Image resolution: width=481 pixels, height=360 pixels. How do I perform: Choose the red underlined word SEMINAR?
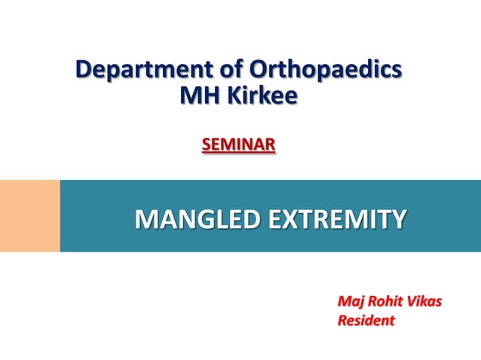238,143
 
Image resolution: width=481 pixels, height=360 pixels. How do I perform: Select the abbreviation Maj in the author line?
350,303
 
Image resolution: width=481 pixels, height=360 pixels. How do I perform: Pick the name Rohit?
385,303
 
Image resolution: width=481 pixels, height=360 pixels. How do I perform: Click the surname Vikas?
425,303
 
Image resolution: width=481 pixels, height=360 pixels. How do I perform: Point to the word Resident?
366,321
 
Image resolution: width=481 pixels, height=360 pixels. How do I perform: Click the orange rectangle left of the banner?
29,215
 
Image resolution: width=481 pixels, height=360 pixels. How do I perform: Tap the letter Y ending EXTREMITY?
397,220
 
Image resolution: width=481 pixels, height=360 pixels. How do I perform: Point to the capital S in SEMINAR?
206,143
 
